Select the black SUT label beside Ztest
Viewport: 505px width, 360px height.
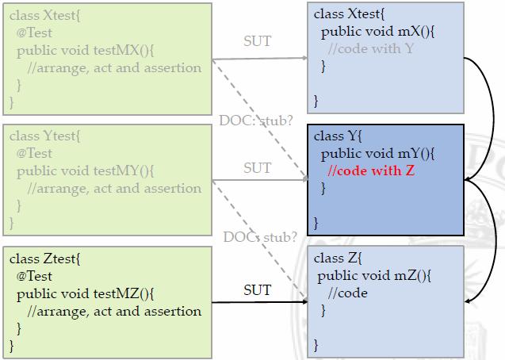(257, 290)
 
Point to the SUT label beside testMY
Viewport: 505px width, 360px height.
(257, 168)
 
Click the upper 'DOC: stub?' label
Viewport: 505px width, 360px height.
(255, 121)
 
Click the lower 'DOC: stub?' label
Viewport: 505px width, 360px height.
(260, 236)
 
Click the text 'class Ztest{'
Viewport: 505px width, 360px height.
(44, 259)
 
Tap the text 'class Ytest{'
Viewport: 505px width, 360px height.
(44, 136)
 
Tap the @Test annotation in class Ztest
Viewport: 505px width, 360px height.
(34, 276)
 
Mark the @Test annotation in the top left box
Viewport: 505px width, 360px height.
(34, 33)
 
